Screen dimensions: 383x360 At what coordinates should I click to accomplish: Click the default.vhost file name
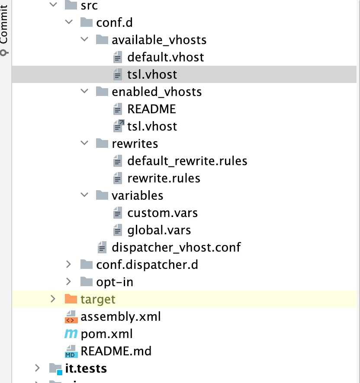pyautogui.click(x=165, y=57)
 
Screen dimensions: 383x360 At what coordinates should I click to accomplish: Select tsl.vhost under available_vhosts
pyautogui.click(x=152, y=74)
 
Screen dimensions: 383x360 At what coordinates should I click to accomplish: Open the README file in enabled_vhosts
pyautogui.click(x=151, y=109)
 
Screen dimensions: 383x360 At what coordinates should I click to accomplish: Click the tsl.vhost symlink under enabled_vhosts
pyautogui.click(x=152, y=126)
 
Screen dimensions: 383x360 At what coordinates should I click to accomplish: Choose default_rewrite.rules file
pyautogui.click(x=187, y=161)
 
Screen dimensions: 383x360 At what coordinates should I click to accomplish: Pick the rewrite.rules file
pyautogui.click(x=164, y=178)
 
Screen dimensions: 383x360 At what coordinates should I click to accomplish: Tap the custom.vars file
pyautogui.click(x=162, y=213)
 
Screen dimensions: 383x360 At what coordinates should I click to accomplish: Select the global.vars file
pyautogui.click(x=159, y=230)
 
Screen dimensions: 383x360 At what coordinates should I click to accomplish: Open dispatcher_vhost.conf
pyautogui.click(x=176, y=247)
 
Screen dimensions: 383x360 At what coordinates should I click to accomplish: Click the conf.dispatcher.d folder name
pyautogui.click(x=147, y=265)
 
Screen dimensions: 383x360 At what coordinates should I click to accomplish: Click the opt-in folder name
pyautogui.click(x=115, y=282)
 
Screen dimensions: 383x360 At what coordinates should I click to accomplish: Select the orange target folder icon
pyautogui.click(x=71, y=299)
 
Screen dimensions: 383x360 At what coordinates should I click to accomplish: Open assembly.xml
pyautogui.click(x=120, y=316)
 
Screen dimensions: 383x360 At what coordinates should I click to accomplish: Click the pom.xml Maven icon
pyautogui.click(x=71, y=334)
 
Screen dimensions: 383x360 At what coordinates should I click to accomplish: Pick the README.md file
pyautogui.click(x=116, y=351)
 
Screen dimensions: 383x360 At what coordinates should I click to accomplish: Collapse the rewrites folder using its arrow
pyautogui.click(x=84, y=144)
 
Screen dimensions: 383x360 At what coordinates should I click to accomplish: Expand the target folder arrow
pyautogui.click(x=53, y=299)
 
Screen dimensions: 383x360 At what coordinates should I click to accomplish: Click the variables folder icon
pyautogui.click(x=102, y=195)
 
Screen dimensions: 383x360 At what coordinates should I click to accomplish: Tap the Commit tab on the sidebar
pyautogui.click(x=4, y=26)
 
